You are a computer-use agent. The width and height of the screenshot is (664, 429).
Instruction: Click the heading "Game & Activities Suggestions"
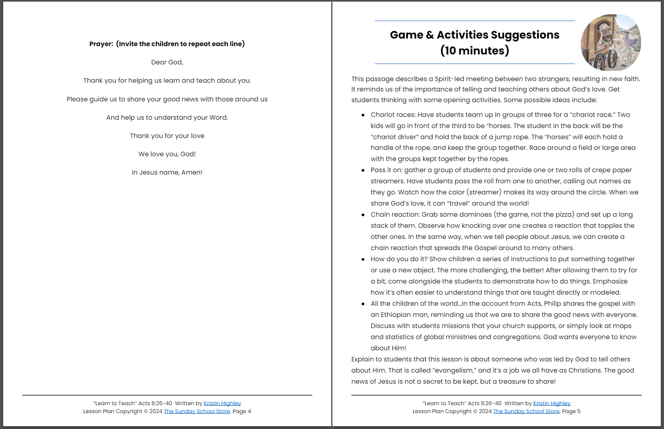(474, 35)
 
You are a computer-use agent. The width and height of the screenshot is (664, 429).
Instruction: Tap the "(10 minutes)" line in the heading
(474, 51)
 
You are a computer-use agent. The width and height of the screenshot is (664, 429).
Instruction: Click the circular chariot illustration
(611, 43)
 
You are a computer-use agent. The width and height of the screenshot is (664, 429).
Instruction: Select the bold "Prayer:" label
(101, 44)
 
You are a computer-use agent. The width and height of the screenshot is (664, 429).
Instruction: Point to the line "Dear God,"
(167, 62)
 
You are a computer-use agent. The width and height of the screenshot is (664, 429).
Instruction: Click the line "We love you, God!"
(167, 154)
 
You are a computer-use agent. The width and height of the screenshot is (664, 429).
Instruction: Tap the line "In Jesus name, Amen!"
(167, 172)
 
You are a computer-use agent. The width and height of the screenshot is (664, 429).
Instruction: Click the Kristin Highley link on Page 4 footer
(222, 403)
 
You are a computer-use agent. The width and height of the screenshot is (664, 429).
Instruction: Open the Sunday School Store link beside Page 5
(526, 411)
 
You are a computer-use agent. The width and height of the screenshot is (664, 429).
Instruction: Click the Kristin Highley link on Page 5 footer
(551, 403)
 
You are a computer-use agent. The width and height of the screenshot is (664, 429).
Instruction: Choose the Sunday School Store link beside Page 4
(197, 411)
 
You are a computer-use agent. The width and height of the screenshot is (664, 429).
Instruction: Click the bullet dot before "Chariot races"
(363, 115)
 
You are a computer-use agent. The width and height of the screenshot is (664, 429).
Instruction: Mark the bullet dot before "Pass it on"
(363, 170)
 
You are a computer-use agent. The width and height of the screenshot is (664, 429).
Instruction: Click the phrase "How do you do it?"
(399, 259)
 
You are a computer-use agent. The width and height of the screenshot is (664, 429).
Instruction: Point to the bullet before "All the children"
(363, 304)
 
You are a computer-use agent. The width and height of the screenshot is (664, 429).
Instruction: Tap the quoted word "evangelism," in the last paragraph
(454, 370)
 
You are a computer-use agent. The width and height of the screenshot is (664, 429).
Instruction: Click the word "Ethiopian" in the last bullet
(398, 314)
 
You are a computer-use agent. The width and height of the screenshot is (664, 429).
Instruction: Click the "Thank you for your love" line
(167, 136)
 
